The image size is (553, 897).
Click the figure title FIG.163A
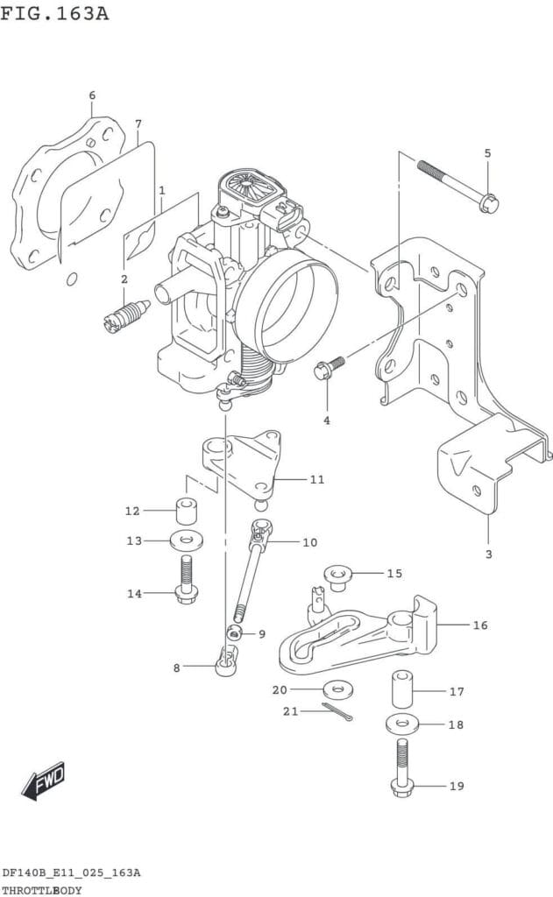[54, 12]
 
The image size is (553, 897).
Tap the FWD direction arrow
[44, 780]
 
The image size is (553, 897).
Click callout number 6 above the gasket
[92, 95]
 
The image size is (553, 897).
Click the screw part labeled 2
[126, 315]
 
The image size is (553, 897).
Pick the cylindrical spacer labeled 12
[186, 511]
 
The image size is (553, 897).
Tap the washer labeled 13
[187, 540]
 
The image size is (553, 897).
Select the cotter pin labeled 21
[337, 711]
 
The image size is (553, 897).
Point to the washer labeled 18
[403, 724]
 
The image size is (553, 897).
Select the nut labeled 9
[234, 632]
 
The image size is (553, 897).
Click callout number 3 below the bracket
[488, 554]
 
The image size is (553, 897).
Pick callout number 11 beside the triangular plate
[317, 479]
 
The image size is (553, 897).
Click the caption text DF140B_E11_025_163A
[71, 872]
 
